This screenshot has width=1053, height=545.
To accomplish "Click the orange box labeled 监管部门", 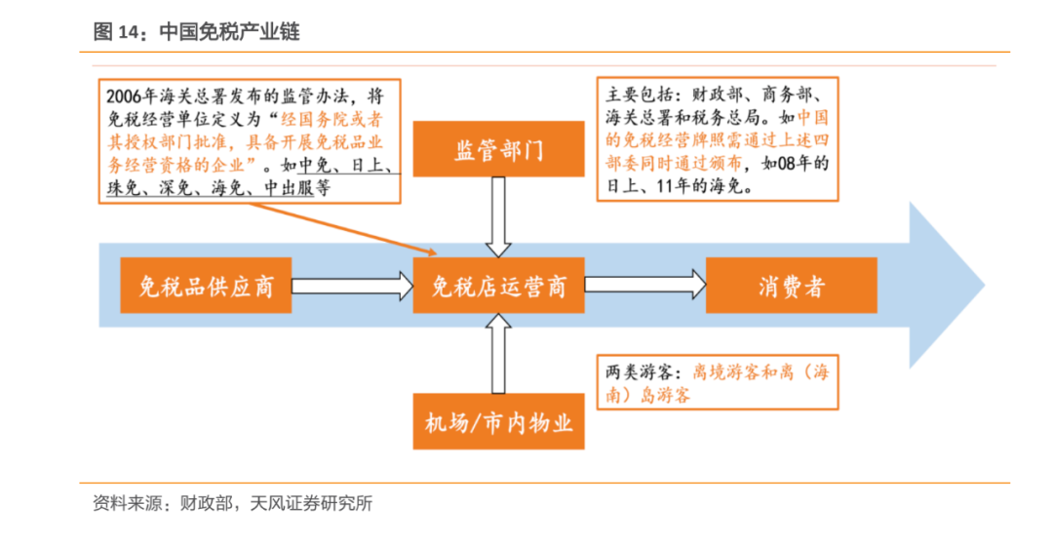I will pyautogui.click(x=498, y=151).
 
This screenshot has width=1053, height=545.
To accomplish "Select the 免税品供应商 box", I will pyautogui.click(x=206, y=286).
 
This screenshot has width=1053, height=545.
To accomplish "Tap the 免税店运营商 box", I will pyautogui.click(x=498, y=286).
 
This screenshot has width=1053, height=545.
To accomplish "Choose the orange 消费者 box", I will pyautogui.click(x=791, y=286).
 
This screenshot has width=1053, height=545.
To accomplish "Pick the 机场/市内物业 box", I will pyautogui.click(x=498, y=422).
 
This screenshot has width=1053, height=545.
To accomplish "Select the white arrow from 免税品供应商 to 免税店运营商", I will pyautogui.click(x=352, y=286).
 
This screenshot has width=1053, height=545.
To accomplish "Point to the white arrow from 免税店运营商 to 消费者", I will pyautogui.click(x=644, y=286).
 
